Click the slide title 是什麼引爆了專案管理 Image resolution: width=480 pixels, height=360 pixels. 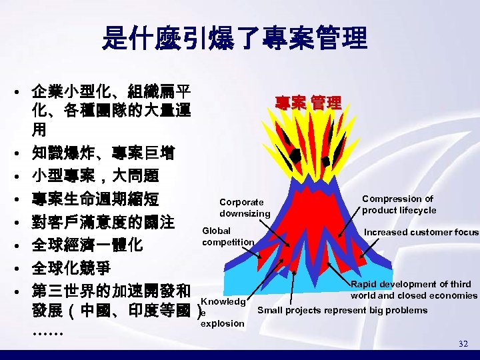coord(234,39)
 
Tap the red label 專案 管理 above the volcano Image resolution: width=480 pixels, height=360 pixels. coord(308,103)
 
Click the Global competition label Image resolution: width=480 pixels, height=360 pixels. coord(227,236)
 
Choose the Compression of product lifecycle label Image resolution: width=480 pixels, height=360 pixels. coord(398,204)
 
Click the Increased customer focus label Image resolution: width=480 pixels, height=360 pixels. coord(421,232)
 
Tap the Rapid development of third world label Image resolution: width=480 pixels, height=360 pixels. coord(413,289)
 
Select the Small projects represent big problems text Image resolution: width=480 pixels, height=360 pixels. coord(342,310)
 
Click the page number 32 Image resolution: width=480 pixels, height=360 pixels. coord(463,343)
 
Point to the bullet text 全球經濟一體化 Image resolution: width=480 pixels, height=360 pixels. coord(86,245)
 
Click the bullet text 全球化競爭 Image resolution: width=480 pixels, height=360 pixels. coord(73,268)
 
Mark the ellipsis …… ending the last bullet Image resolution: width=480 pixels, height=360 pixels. coord(46,331)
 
